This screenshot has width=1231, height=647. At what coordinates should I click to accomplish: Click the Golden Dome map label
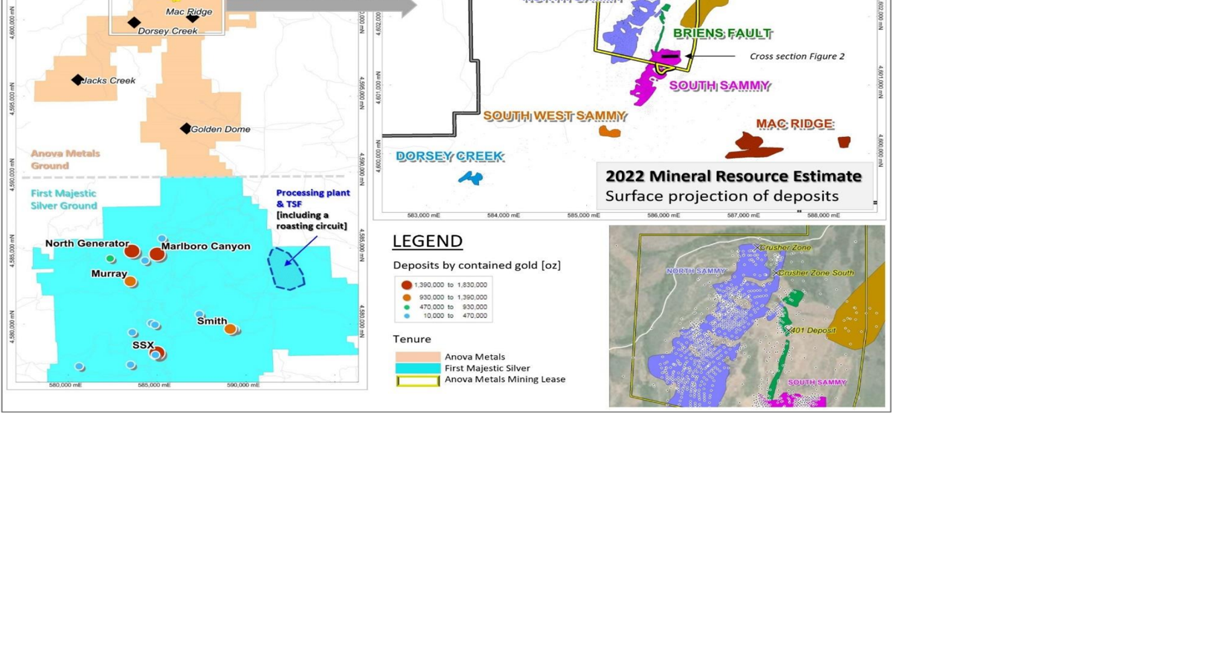220,130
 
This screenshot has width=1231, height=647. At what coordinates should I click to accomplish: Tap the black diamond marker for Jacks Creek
77,80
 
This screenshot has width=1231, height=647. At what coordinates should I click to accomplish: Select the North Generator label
86,243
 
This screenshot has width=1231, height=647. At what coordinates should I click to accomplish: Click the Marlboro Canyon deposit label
205,246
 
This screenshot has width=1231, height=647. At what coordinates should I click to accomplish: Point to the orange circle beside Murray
130,281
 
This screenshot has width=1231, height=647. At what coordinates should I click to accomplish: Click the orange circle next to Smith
231,329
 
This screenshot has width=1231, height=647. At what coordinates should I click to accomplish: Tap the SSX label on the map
143,345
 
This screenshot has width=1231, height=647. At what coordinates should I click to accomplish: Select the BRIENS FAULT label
722,34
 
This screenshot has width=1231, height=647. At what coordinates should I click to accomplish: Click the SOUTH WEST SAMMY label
555,116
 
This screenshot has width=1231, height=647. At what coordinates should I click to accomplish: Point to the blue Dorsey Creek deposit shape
470,178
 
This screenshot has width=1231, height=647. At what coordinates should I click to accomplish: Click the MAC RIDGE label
794,124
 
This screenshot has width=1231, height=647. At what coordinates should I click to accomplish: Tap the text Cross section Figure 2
797,57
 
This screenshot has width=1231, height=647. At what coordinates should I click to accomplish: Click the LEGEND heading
427,241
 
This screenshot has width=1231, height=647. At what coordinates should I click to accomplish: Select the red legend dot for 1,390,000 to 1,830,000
406,285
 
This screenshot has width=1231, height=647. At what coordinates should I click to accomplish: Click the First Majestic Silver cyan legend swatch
417,368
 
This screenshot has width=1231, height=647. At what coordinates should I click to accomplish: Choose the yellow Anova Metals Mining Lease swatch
417,380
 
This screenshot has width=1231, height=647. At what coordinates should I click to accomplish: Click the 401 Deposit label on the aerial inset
813,331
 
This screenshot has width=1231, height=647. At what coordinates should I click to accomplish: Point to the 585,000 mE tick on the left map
154,386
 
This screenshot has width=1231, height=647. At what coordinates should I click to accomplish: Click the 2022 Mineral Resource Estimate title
733,176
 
